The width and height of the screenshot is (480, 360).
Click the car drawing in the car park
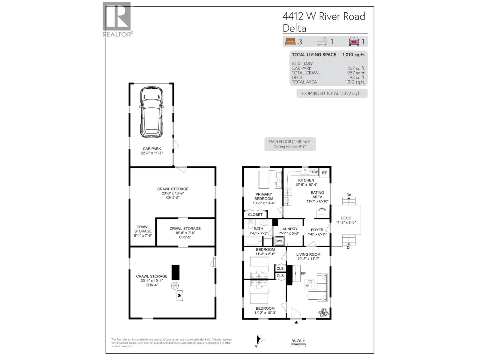click(152, 112)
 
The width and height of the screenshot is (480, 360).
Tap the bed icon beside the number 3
click(290, 41)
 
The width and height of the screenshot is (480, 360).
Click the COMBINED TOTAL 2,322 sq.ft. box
click(332, 93)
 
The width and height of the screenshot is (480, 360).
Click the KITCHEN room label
click(306, 180)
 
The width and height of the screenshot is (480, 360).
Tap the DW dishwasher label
click(314, 172)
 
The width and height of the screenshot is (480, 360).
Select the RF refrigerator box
click(324, 173)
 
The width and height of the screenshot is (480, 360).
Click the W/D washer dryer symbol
click(280, 241)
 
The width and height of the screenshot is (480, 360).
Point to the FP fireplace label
click(303, 274)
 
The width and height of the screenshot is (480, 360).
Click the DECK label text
click(346, 218)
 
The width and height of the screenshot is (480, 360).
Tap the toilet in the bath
click(250, 223)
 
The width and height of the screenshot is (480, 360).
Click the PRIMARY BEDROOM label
click(264, 196)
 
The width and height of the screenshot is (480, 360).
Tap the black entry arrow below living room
click(296, 322)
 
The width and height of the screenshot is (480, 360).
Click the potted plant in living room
click(323, 313)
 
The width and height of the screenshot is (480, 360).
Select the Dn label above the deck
click(349, 195)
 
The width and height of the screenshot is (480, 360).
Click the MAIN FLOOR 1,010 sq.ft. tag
click(290, 144)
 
